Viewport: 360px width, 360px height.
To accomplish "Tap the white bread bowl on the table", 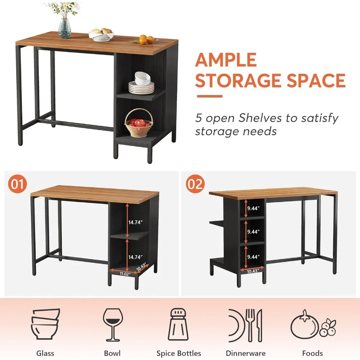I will [101, 35].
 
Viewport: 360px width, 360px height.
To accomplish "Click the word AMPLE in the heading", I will [226, 60].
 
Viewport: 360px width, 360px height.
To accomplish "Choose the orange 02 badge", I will [195, 184].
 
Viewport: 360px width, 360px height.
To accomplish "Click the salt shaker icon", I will [179, 326].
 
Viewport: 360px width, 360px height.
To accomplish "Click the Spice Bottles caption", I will [179, 353].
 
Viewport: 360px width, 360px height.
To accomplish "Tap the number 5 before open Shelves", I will [199, 118].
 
